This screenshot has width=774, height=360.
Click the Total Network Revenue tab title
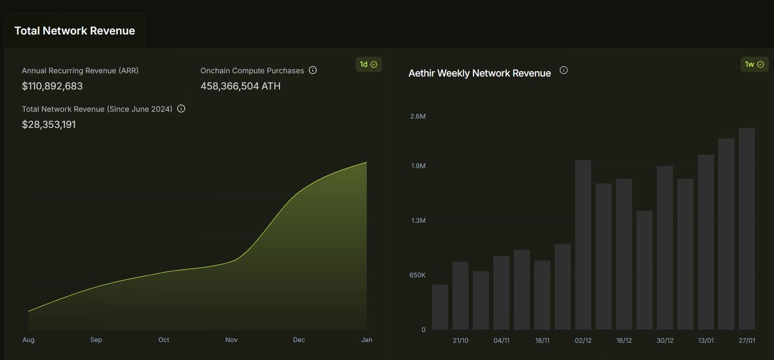click(x=74, y=30)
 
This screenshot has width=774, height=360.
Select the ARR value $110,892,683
click(x=52, y=86)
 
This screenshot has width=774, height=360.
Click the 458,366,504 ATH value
click(x=241, y=86)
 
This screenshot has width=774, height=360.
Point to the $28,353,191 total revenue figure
click(x=49, y=124)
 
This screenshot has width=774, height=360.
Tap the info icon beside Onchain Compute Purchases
click(x=313, y=70)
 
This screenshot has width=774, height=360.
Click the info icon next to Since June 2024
click(x=181, y=109)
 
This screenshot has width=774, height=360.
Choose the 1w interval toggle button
click(x=753, y=65)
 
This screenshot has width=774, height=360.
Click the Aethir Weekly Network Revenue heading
click(x=479, y=73)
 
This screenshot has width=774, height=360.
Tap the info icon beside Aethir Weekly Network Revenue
click(x=563, y=70)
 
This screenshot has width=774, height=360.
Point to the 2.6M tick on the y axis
click(x=418, y=117)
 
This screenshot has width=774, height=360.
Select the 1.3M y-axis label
click(x=418, y=221)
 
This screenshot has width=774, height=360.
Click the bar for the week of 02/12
click(x=583, y=245)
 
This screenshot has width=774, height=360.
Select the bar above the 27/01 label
click(x=746, y=229)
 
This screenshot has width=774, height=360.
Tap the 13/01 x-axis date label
click(x=706, y=340)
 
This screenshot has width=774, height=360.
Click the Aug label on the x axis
click(x=28, y=340)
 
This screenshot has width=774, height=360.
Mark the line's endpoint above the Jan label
click(x=366, y=163)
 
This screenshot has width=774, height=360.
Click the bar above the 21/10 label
click(x=461, y=295)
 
